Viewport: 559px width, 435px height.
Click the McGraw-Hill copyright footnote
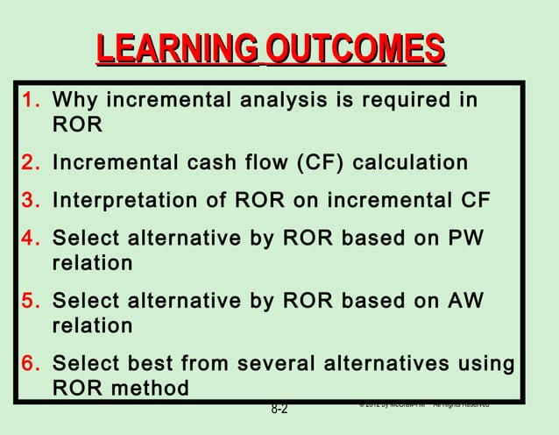coord(423,404)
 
